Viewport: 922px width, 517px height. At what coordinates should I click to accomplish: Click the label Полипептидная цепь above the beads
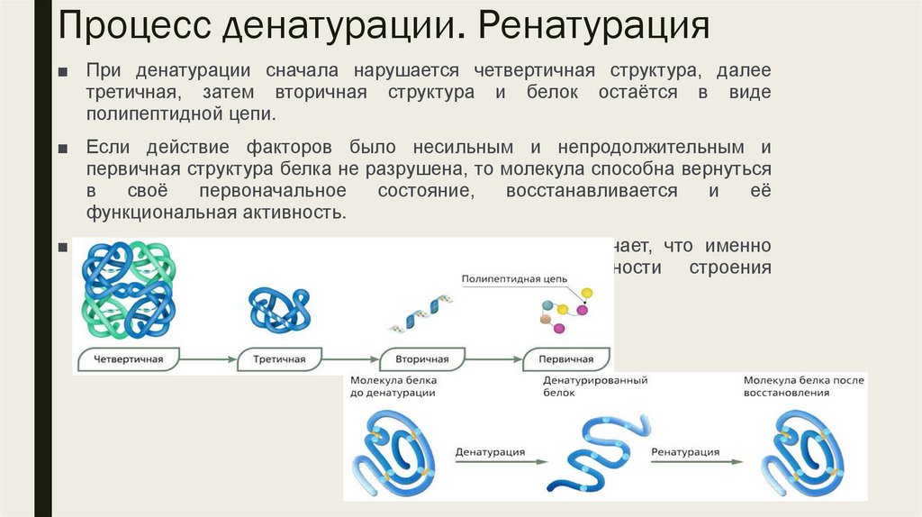[513, 280]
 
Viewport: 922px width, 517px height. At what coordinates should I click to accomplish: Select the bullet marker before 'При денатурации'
[61, 71]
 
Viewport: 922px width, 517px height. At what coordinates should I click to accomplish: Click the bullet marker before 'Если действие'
[61, 148]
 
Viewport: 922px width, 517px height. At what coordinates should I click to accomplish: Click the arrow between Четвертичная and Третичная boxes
[206, 360]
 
